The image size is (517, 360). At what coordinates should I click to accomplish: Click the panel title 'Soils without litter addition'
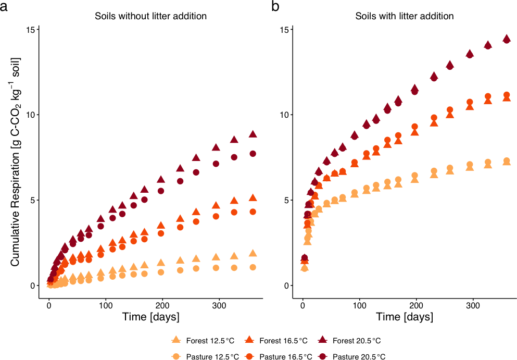point(150,16)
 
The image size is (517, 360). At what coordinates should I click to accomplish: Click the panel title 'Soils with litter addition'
point(404,16)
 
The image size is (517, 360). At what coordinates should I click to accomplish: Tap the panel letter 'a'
point(4,6)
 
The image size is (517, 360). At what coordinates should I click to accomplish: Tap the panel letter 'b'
point(275,6)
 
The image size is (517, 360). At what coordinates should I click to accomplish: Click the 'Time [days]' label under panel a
point(150,317)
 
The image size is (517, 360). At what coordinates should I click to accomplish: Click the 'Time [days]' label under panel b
point(404,317)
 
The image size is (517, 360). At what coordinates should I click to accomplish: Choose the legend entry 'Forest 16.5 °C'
point(276,341)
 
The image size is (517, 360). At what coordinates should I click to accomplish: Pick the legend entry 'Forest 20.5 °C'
point(349,341)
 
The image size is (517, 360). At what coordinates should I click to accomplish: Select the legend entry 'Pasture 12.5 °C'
point(206,356)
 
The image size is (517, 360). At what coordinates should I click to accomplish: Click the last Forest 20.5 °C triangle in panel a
point(253,134)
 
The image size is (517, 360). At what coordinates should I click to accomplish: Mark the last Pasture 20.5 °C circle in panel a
point(253,154)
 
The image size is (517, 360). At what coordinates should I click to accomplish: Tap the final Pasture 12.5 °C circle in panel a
point(253,267)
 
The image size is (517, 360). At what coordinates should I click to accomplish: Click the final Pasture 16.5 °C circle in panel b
point(507,95)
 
